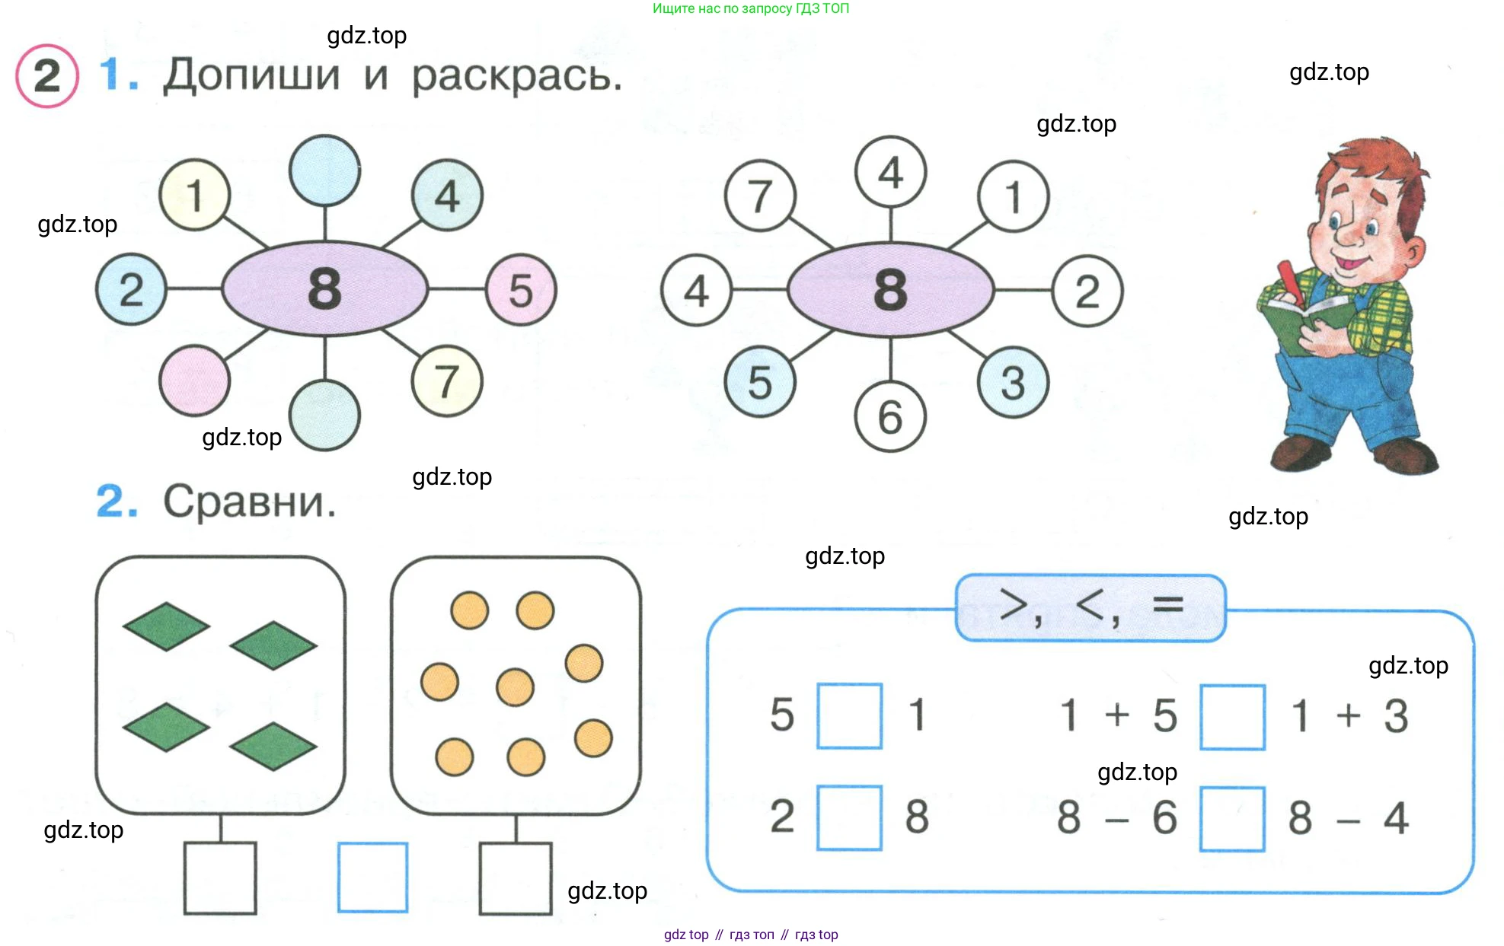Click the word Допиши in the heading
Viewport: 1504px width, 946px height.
point(251,76)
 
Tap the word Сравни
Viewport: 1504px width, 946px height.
point(249,502)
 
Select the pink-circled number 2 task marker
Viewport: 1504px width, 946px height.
point(46,76)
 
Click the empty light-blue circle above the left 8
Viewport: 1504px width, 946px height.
point(325,170)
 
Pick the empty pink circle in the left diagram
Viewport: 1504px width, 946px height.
point(194,381)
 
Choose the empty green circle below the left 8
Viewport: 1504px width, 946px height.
point(325,416)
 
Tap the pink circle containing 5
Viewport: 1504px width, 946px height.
point(521,290)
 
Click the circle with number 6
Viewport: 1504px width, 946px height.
point(890,416)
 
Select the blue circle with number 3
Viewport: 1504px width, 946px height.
point(1013,382)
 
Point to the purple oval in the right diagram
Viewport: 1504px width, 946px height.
point(890,290)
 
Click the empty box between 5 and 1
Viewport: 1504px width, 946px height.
point(849,715)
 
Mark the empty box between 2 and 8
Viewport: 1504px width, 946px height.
point(849,817)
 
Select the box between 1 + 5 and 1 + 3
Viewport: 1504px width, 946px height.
point(1232,717)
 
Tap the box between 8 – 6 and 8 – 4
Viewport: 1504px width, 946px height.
point(1232,819)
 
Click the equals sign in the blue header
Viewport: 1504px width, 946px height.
point(1168,605)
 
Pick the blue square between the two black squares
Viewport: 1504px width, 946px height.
point(372,877)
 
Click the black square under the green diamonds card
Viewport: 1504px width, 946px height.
point(220,878)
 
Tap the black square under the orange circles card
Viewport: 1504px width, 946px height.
point(516,878)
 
